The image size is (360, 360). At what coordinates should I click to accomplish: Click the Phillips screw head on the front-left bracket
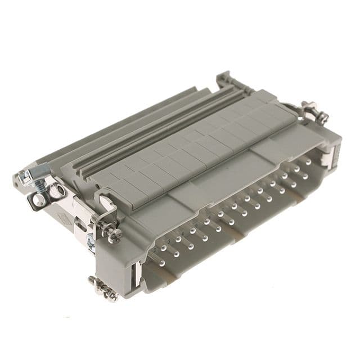(113, 234)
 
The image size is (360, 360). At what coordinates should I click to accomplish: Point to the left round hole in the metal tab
(38, 198)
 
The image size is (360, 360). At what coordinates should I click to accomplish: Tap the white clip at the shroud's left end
(134, 275)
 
